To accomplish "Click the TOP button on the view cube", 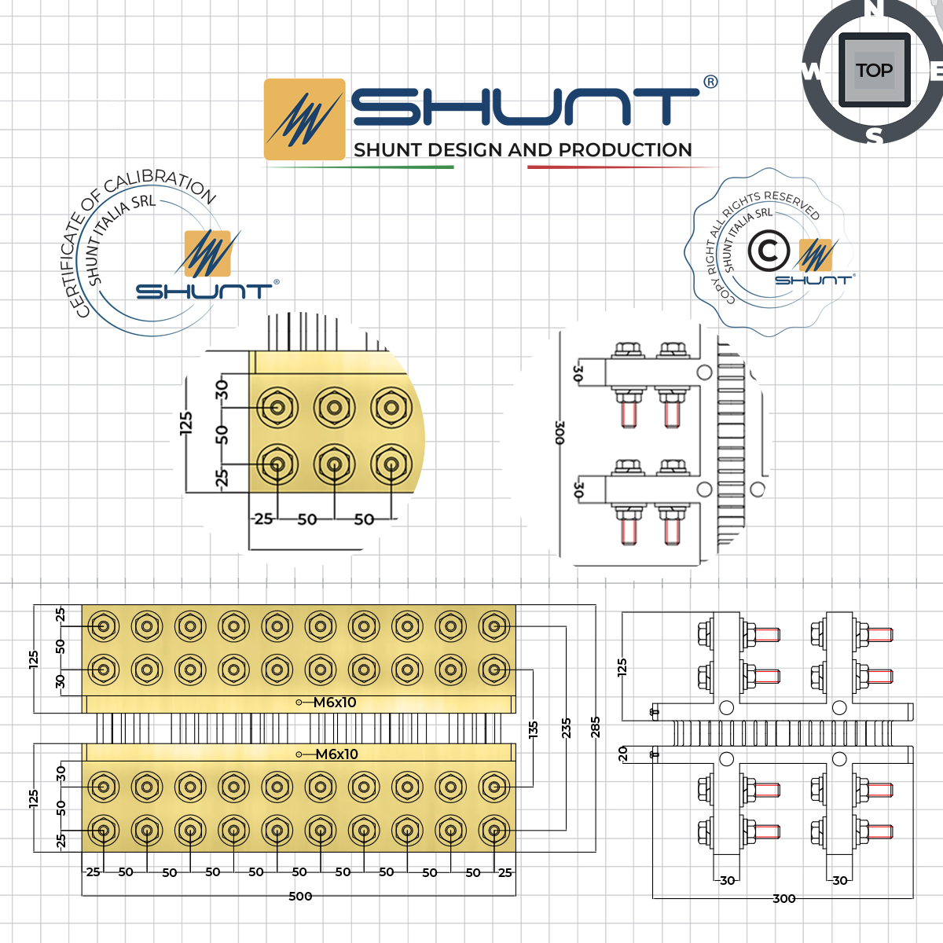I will click(874, 71).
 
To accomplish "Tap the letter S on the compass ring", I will click(874, 136).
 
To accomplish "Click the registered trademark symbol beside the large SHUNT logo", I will click(710, 82).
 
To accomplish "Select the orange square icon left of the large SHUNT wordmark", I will click(304, 119).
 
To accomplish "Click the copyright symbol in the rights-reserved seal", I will click(768, 251).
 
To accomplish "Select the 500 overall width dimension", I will click(300, 896).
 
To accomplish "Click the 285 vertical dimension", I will click(596, 727).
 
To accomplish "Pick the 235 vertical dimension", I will click(566, 728).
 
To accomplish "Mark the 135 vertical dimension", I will click(534, 730).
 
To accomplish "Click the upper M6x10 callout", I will click(334, 703).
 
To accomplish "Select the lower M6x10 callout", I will click(336, 754).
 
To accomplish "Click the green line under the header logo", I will click(358, 167).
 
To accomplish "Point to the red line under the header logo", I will click(621, 167).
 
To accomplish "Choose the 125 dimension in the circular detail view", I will click(186, 423).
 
